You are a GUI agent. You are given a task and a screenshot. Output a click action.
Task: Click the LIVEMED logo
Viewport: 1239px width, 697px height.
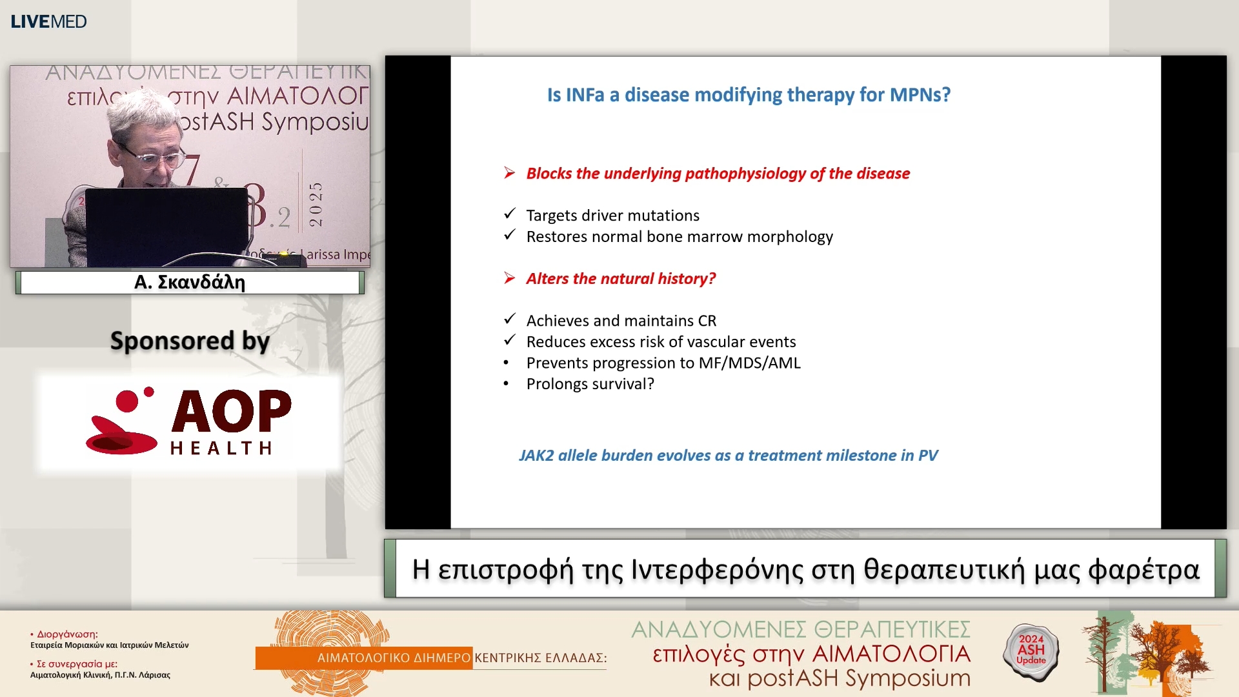pyautogui.click(x=48, y=21)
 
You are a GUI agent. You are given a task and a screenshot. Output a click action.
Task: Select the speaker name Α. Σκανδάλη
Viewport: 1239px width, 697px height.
pyautogui.click(x=190, y=283)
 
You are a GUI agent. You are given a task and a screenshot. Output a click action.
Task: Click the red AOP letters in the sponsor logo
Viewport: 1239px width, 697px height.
pyautogui.click(x=231, y=411)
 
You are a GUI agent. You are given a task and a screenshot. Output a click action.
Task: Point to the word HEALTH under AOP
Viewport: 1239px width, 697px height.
pyautogui.click(x=221, y=448)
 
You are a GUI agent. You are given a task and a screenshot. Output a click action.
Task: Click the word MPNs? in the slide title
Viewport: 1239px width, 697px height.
pyautogui.click(x=920, y=95)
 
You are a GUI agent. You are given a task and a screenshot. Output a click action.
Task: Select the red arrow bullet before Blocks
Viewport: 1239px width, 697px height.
pyautogui.click(x=510, y=173)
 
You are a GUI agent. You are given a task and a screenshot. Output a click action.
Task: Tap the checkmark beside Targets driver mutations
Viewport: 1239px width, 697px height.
pyautogui.click(x=510, y=214)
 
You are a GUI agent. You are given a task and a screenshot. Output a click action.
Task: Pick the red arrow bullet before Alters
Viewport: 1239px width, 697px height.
pyautogui.click(x=510, y=278)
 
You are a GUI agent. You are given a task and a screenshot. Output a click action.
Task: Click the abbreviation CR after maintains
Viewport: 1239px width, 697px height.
pyautogui.click(x=707, y=321)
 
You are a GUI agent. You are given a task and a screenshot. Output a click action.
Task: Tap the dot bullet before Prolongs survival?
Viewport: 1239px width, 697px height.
pyautogui.click(x=507, y=385)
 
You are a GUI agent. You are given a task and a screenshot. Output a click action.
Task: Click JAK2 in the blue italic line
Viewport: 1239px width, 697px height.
pyautogui.click(x=536, y=456)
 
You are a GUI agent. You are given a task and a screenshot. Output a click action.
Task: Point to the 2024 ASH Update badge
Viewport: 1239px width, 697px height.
pyautogui.click(x=1031, y=650)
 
